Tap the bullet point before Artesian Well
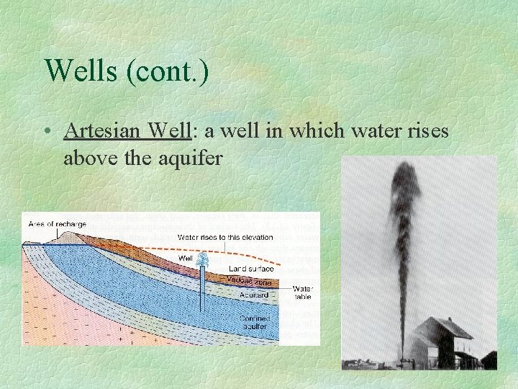click(x=47, y=132)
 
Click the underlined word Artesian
click(x=102, y=131)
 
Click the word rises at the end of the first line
click(x=424, y=131)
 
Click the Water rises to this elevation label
click(x=225, y=237)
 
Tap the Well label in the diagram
click(x=185, y=259)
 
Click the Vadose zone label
click(x=248, y=282)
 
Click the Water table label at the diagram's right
click(x=302, y=292)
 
